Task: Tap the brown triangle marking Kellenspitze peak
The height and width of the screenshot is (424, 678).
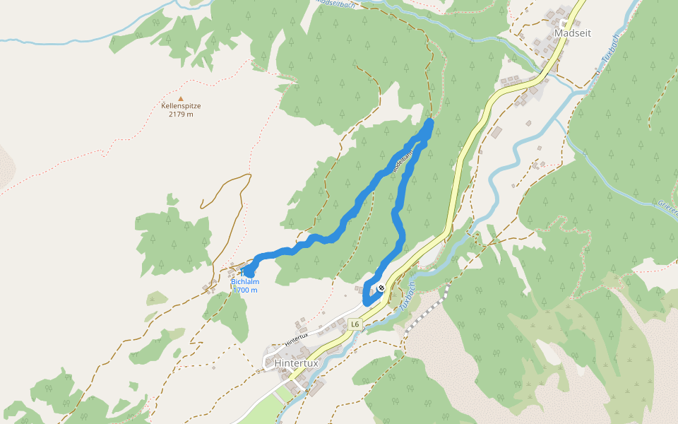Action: pos(181,99)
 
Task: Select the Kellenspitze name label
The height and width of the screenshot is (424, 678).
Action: pos(181,106)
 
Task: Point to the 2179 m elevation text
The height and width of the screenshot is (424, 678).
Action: pos(181,114)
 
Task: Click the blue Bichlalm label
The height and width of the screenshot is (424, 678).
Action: pos(245,282)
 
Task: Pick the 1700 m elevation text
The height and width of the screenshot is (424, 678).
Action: pos(245,290)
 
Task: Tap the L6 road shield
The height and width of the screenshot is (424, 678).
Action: pos(355,324)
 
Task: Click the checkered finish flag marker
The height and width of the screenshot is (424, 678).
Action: pos(381,288)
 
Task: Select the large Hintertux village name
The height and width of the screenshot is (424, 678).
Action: pos(297,363)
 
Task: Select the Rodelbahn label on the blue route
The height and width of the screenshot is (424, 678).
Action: pos(400,163)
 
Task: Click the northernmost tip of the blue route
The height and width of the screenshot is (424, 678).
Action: pos(429,123)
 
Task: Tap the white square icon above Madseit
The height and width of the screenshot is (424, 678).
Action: pos(564,21)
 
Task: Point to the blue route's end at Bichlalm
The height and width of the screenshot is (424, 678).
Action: pos(248,271)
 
